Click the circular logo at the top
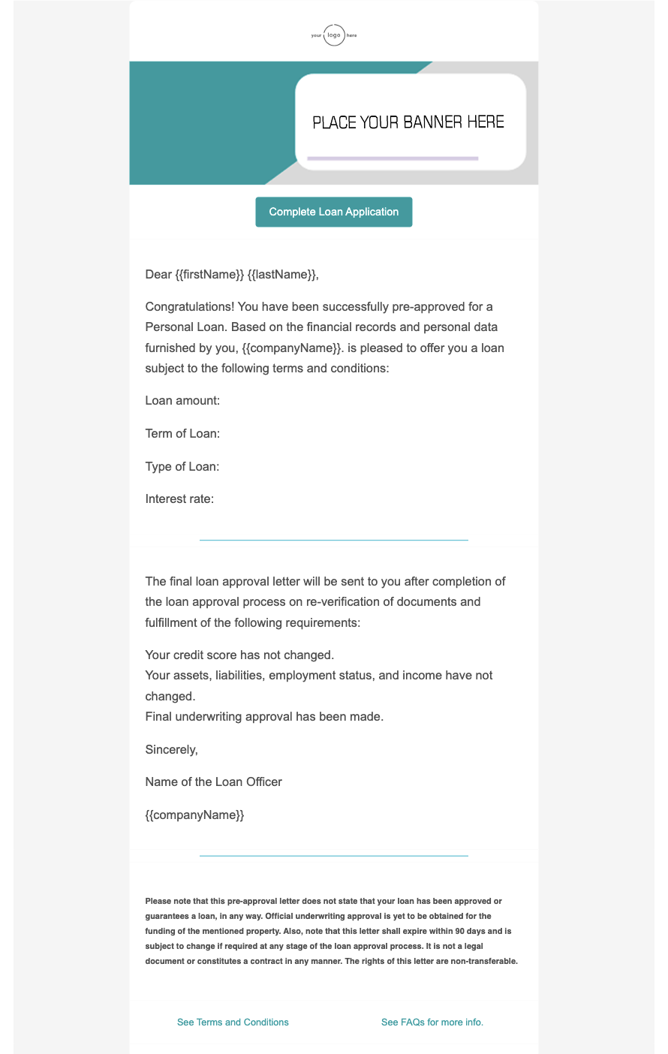[x=334, y=35]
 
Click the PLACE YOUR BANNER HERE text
[x=408, y=122]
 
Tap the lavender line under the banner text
[x=393, y=158]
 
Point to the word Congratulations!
[x=191, y=306]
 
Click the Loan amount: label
[x=182, y=401]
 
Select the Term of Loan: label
[x=182, y=434]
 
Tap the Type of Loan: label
[x=182, y=466]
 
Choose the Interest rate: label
[x=179, y=499]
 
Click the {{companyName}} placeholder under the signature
[x=194, y=815]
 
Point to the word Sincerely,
[x=171, y=749]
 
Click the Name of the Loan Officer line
[x=214, y=782]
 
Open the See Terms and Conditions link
[x=233, y=1022]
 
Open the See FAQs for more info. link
[x=432, y=1022]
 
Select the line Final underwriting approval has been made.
[x=264, y=716]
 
